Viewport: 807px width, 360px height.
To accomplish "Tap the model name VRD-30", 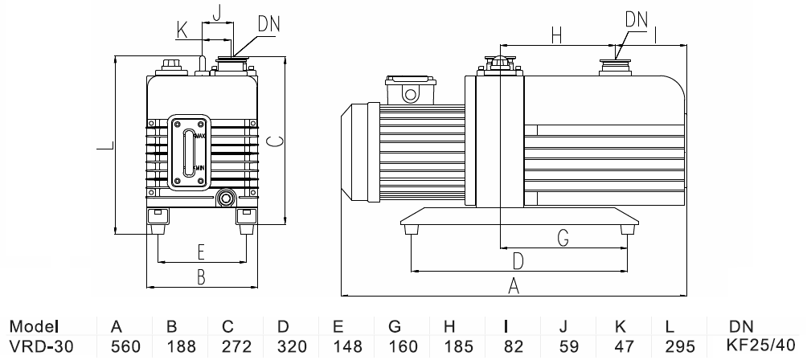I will (39, 346).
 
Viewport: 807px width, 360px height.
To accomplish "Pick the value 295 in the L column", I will (680, 346).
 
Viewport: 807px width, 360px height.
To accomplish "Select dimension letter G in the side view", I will (563, 238).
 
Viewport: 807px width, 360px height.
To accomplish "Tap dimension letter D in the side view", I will (518, 261).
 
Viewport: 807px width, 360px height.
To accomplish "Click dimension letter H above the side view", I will (555, 35).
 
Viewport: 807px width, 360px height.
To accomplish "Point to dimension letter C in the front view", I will (274, 141).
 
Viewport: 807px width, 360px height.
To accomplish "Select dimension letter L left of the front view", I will (103, 146).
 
